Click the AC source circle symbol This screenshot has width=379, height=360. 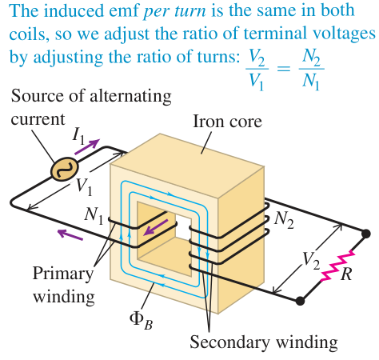pyautogui.click(x=65, y=170)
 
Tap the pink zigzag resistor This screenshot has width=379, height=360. pyautogui.click(x=338, y=266)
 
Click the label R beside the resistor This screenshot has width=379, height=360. pyautogui.click(x=346, y=274)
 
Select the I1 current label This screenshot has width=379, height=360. pyautogui.click(x=78, y=136)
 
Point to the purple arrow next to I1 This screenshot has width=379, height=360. pyautogui.click(x=87, y=146)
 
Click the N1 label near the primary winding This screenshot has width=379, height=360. pyautogui.click(x=94, y=215)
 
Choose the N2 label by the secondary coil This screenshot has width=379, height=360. pyautogui.click(x=284, y=221)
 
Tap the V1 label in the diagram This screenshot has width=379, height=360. pyautogui.click(x=84, y=186)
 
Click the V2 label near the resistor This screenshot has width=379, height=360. pyautogui.click(x=310, y=260)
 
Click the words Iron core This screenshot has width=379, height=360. pyautogui.click(x=227, y=122)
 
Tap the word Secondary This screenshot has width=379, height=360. pyautogui.click(x=229, y=342)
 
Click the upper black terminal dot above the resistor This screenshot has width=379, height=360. pyautogui.click(x=365, y=234)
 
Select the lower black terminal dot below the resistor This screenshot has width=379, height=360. pyautogui.click(x=300, y=301)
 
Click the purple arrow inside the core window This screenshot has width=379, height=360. pyautogui.click(x=156, y=227)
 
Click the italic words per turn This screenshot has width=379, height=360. pyautogui.click(x=174, y=11)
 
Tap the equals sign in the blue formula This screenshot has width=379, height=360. pyautogui.click(x=284, y=69)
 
